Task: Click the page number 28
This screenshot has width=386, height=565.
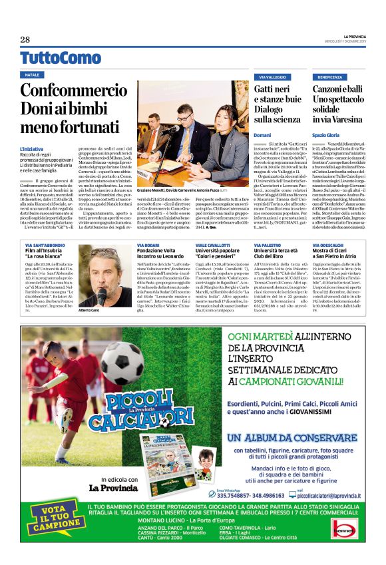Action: click(x=25, y=40)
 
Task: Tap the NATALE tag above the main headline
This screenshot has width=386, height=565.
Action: click(x=33, y=75)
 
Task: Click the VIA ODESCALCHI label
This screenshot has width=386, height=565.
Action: click(x=329, y=246)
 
